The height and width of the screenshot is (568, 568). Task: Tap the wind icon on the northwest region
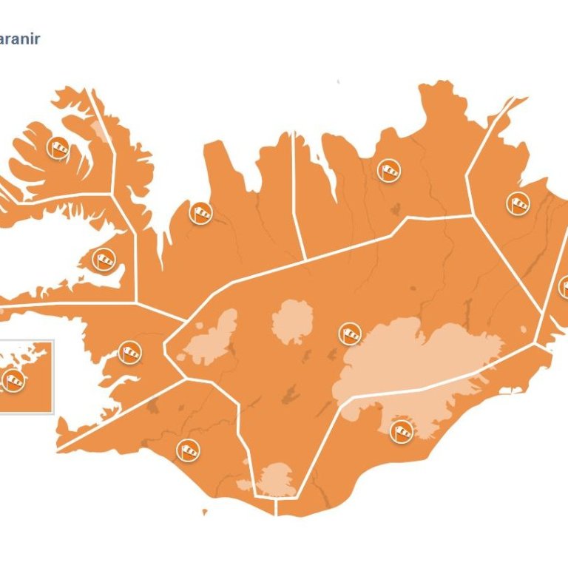pos(200,213)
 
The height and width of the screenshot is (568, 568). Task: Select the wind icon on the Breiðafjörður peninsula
pos(104,260)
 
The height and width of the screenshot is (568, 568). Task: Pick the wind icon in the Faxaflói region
pos(130,352)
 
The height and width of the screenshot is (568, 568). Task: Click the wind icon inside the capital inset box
pos(14,381)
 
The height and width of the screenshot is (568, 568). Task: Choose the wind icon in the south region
pos(188,449)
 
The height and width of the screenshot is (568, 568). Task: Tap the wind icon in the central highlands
pos(350,334)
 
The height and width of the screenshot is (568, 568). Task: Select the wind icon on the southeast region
pos(402,431)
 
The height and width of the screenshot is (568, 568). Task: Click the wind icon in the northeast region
pos(388,170)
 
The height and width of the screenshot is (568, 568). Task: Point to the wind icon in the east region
pos(518,202)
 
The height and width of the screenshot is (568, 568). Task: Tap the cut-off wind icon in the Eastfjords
pos(564,287)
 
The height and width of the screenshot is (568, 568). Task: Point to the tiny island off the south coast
pos(205,511)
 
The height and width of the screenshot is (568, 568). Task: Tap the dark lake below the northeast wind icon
pos(395,209)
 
